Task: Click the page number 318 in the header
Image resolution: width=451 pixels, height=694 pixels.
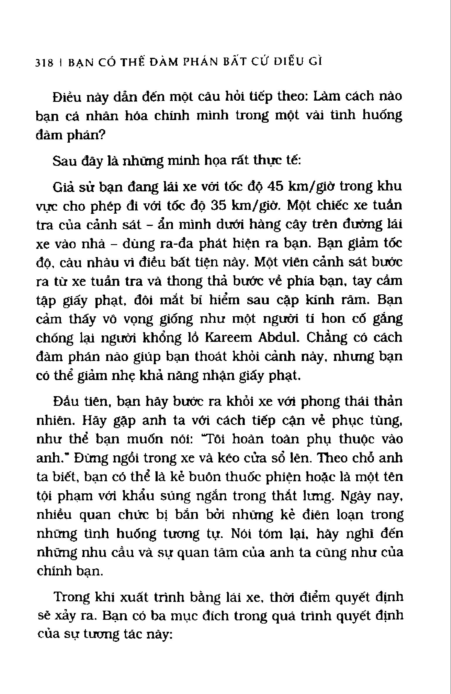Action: click(x=44, y=63)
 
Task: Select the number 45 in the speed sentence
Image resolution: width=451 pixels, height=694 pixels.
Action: click(x=277, y=186)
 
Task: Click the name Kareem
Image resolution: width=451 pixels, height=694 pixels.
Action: click(x=228, y=338)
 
